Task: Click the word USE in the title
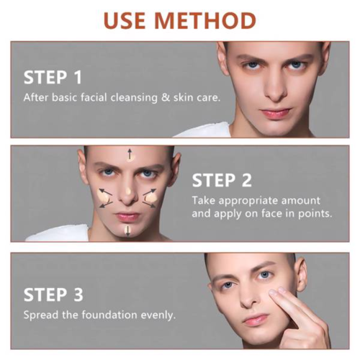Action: [x=125, y=20]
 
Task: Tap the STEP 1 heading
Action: [x=53, y=77]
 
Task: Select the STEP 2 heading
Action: [x=222, y=180]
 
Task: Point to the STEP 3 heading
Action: [x=53, y=294]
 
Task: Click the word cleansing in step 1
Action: [x=134, y=98]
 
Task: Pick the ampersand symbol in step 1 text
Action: [x=166, y=97]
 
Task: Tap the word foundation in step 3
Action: [x=109, y=315]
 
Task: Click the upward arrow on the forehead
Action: [x=130, y=154]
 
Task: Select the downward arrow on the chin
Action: [x=127, y=230]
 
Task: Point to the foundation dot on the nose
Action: [x=128, y=192]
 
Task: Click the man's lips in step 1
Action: [x=276, y=112]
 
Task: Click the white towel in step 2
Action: [x=58, y=233]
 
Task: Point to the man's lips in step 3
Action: [x=256, y=319]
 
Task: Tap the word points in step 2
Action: [x=315, y=213]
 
